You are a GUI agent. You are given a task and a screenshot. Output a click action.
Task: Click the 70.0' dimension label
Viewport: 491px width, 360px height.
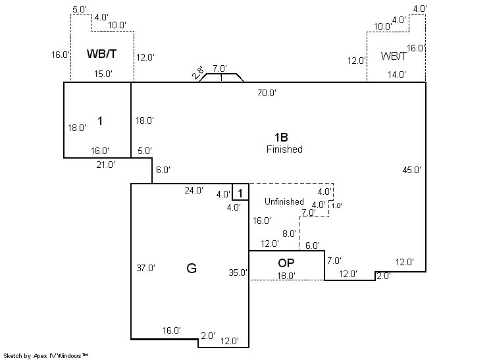pos(266,93)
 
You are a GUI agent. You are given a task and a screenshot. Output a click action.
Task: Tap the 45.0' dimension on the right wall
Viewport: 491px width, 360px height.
pos(411,170)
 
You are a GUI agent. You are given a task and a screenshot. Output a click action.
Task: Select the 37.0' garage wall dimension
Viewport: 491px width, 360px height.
pos(146,268)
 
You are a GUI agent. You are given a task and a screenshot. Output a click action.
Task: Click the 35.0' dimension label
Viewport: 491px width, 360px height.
pos(238,272)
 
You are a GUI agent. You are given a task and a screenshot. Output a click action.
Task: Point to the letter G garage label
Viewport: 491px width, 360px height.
pos(192,268)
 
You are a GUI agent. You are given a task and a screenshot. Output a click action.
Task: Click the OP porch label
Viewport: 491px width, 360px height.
pos(286,263)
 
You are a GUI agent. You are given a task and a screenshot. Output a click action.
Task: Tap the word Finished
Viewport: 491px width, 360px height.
pos(284,149)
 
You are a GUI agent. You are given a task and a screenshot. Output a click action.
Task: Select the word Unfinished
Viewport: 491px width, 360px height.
pos(284,201)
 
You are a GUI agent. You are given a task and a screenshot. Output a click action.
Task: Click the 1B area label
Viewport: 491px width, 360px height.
pos(281,137)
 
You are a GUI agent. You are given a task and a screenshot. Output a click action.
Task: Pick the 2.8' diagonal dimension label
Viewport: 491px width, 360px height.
pos(197,72)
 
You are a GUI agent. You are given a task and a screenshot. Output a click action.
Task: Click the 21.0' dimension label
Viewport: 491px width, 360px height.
pos(105,165)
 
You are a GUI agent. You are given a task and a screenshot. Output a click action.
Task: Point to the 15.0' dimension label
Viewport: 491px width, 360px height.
pos(102,74)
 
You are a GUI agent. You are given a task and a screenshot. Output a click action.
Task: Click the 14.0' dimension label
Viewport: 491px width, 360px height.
pos(396,74)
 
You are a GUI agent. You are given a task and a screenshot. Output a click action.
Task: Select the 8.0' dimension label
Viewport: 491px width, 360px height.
pos(290,234)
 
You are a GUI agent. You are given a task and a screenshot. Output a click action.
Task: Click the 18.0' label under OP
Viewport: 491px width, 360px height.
pos(286,276)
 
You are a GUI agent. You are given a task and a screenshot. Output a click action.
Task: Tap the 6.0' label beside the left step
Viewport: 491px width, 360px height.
pos(162,170)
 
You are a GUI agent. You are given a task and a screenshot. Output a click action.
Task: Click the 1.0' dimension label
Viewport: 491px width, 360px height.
pos(336,206)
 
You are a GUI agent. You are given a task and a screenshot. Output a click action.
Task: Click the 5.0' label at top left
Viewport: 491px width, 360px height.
pos(80,9)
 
